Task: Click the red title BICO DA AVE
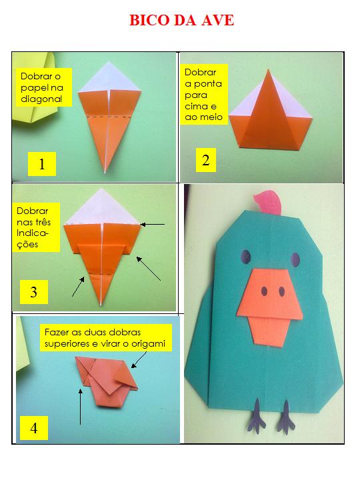(181, 20)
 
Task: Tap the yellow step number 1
(42, 164)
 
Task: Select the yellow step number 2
(206, 160)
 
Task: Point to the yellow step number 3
(34, 292)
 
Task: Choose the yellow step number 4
(34, 427)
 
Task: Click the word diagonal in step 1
(41, 99)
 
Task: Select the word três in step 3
(43, 222)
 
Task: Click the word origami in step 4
(149, 344)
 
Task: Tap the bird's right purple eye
(295, 259)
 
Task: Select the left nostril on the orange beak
(264, 291)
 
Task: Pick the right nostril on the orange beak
(281, 292)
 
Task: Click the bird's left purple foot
(257, 416)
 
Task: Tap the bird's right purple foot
(286, 417)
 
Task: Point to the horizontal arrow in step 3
(153, 225)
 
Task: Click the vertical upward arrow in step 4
(81, 407)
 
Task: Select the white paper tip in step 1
(109, 79)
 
